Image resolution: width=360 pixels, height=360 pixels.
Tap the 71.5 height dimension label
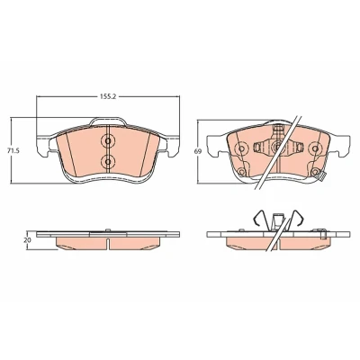13,151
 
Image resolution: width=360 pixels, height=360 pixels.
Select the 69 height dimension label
197,152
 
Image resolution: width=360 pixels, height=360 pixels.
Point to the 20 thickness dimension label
28,240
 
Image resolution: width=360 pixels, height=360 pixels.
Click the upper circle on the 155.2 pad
108,140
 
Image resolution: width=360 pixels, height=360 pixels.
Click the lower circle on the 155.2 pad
108,162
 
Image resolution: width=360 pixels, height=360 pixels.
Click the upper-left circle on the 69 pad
241,148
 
